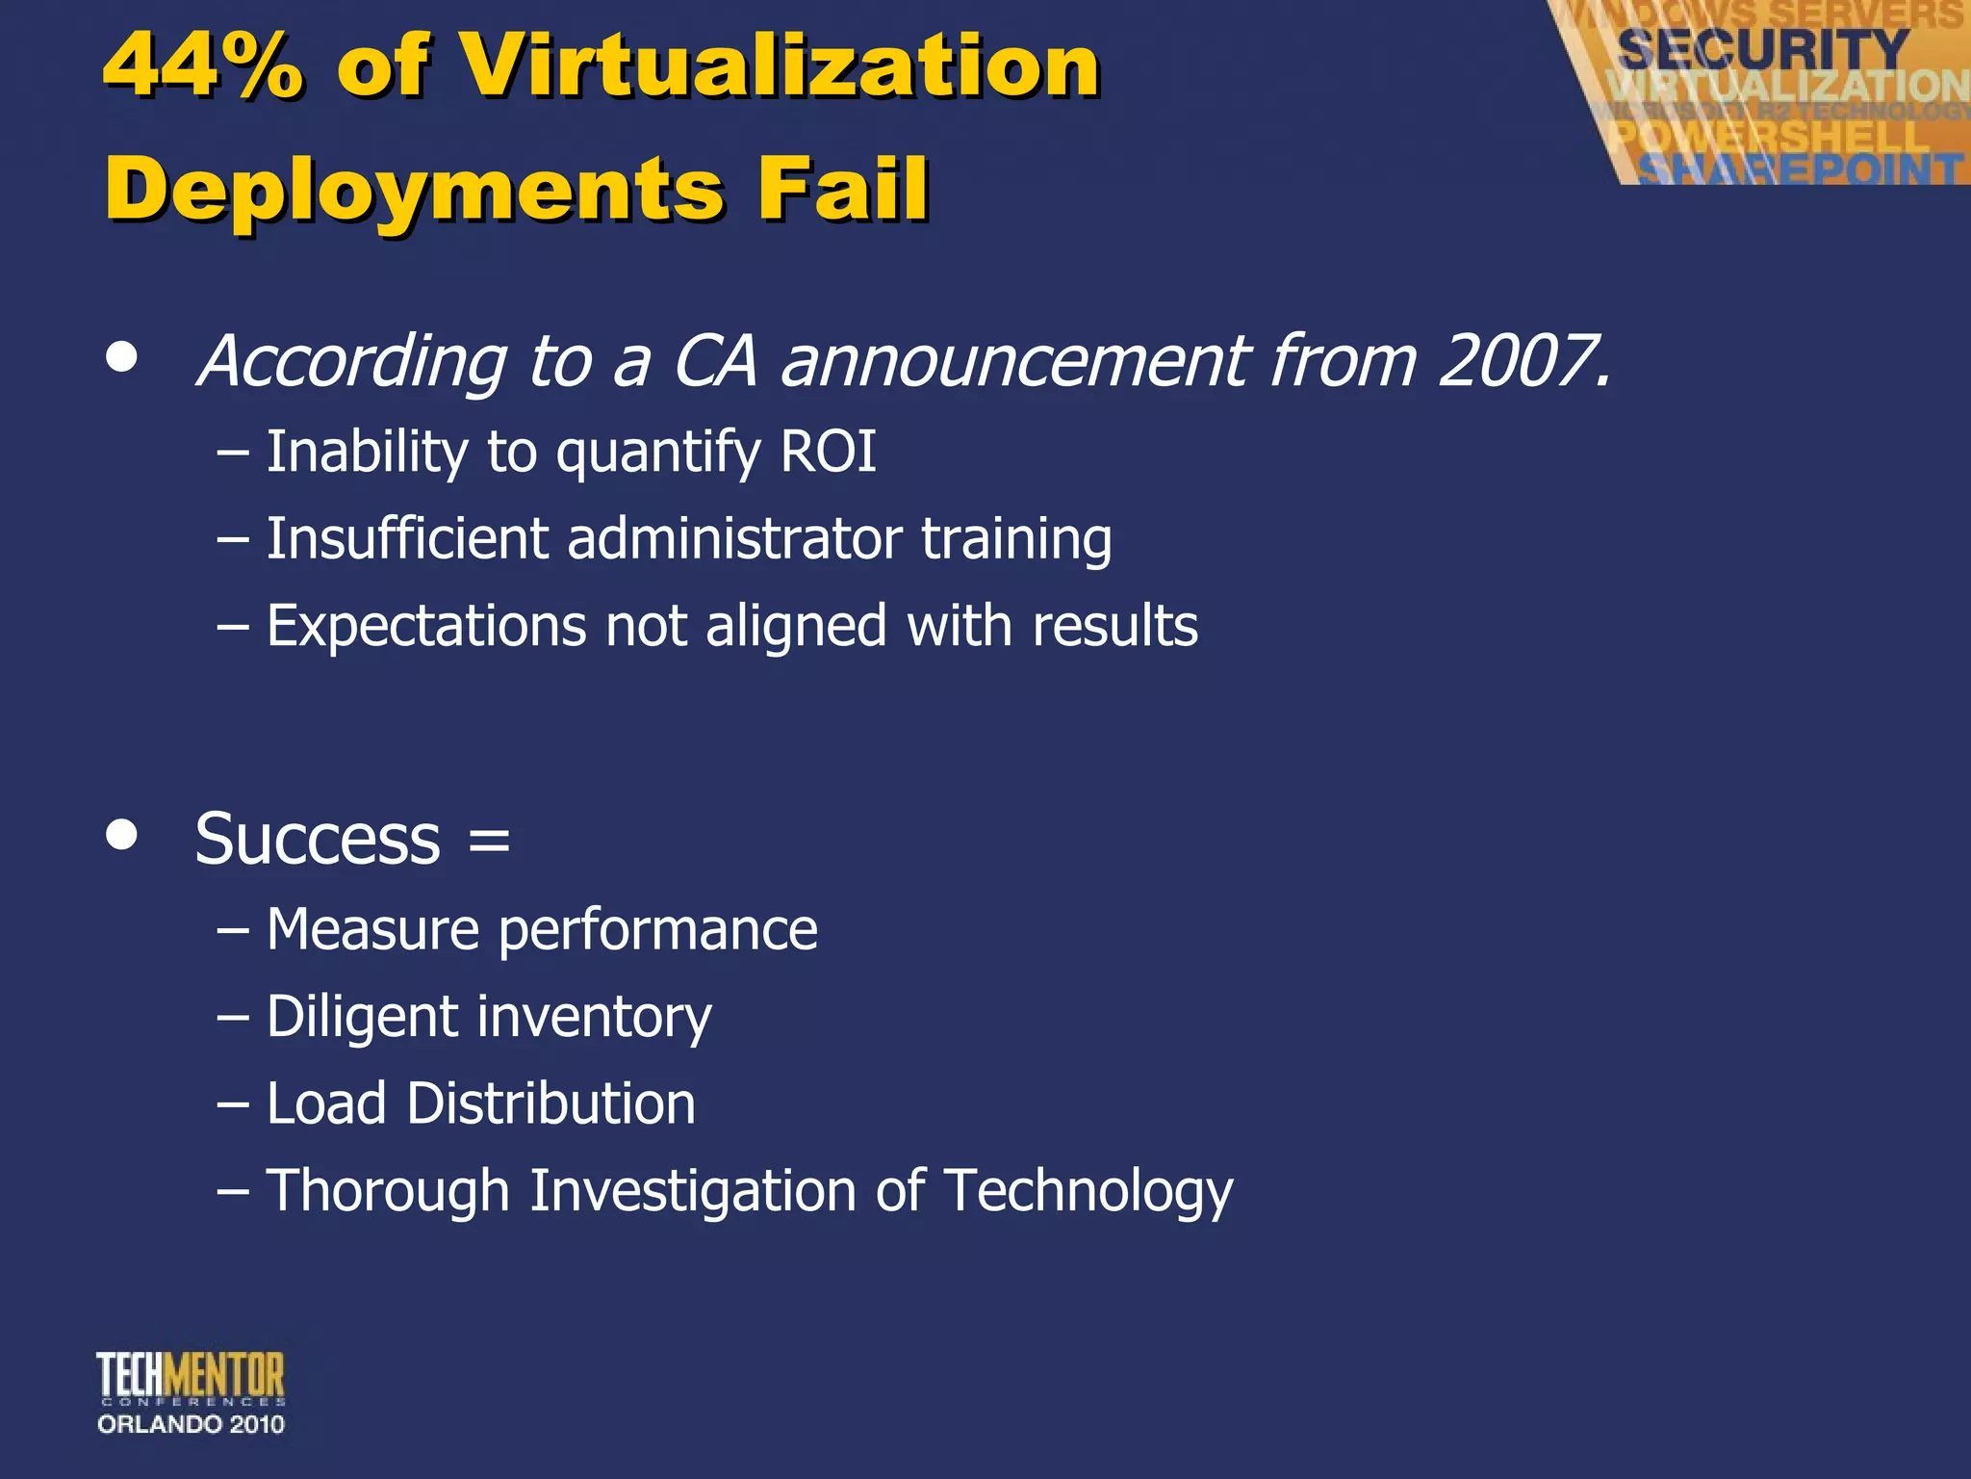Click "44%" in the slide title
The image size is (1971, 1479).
click(x=203, y=65)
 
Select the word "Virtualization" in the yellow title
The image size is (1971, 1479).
click(x=781, y=65)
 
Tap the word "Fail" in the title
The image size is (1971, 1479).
click(x=842, y=189)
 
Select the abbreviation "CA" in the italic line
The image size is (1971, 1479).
click(x=714, y=362)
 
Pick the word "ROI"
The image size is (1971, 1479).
click(x=828, y=452)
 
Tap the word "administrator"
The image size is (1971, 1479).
click(x=733, y=538)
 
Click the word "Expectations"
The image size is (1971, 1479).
click(x=425, y=627)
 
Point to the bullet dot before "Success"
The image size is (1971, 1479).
click(x=122, y=834)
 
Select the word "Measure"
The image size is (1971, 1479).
click(x=372, y=930)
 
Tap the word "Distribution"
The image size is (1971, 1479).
click(x=550, y=1103)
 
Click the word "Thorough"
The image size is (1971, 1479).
click(x=387, y=1191)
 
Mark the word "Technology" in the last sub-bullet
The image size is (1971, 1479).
click(x=1088, y=1192)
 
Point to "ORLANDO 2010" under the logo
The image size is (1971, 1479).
click(x=191, y=1424)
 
